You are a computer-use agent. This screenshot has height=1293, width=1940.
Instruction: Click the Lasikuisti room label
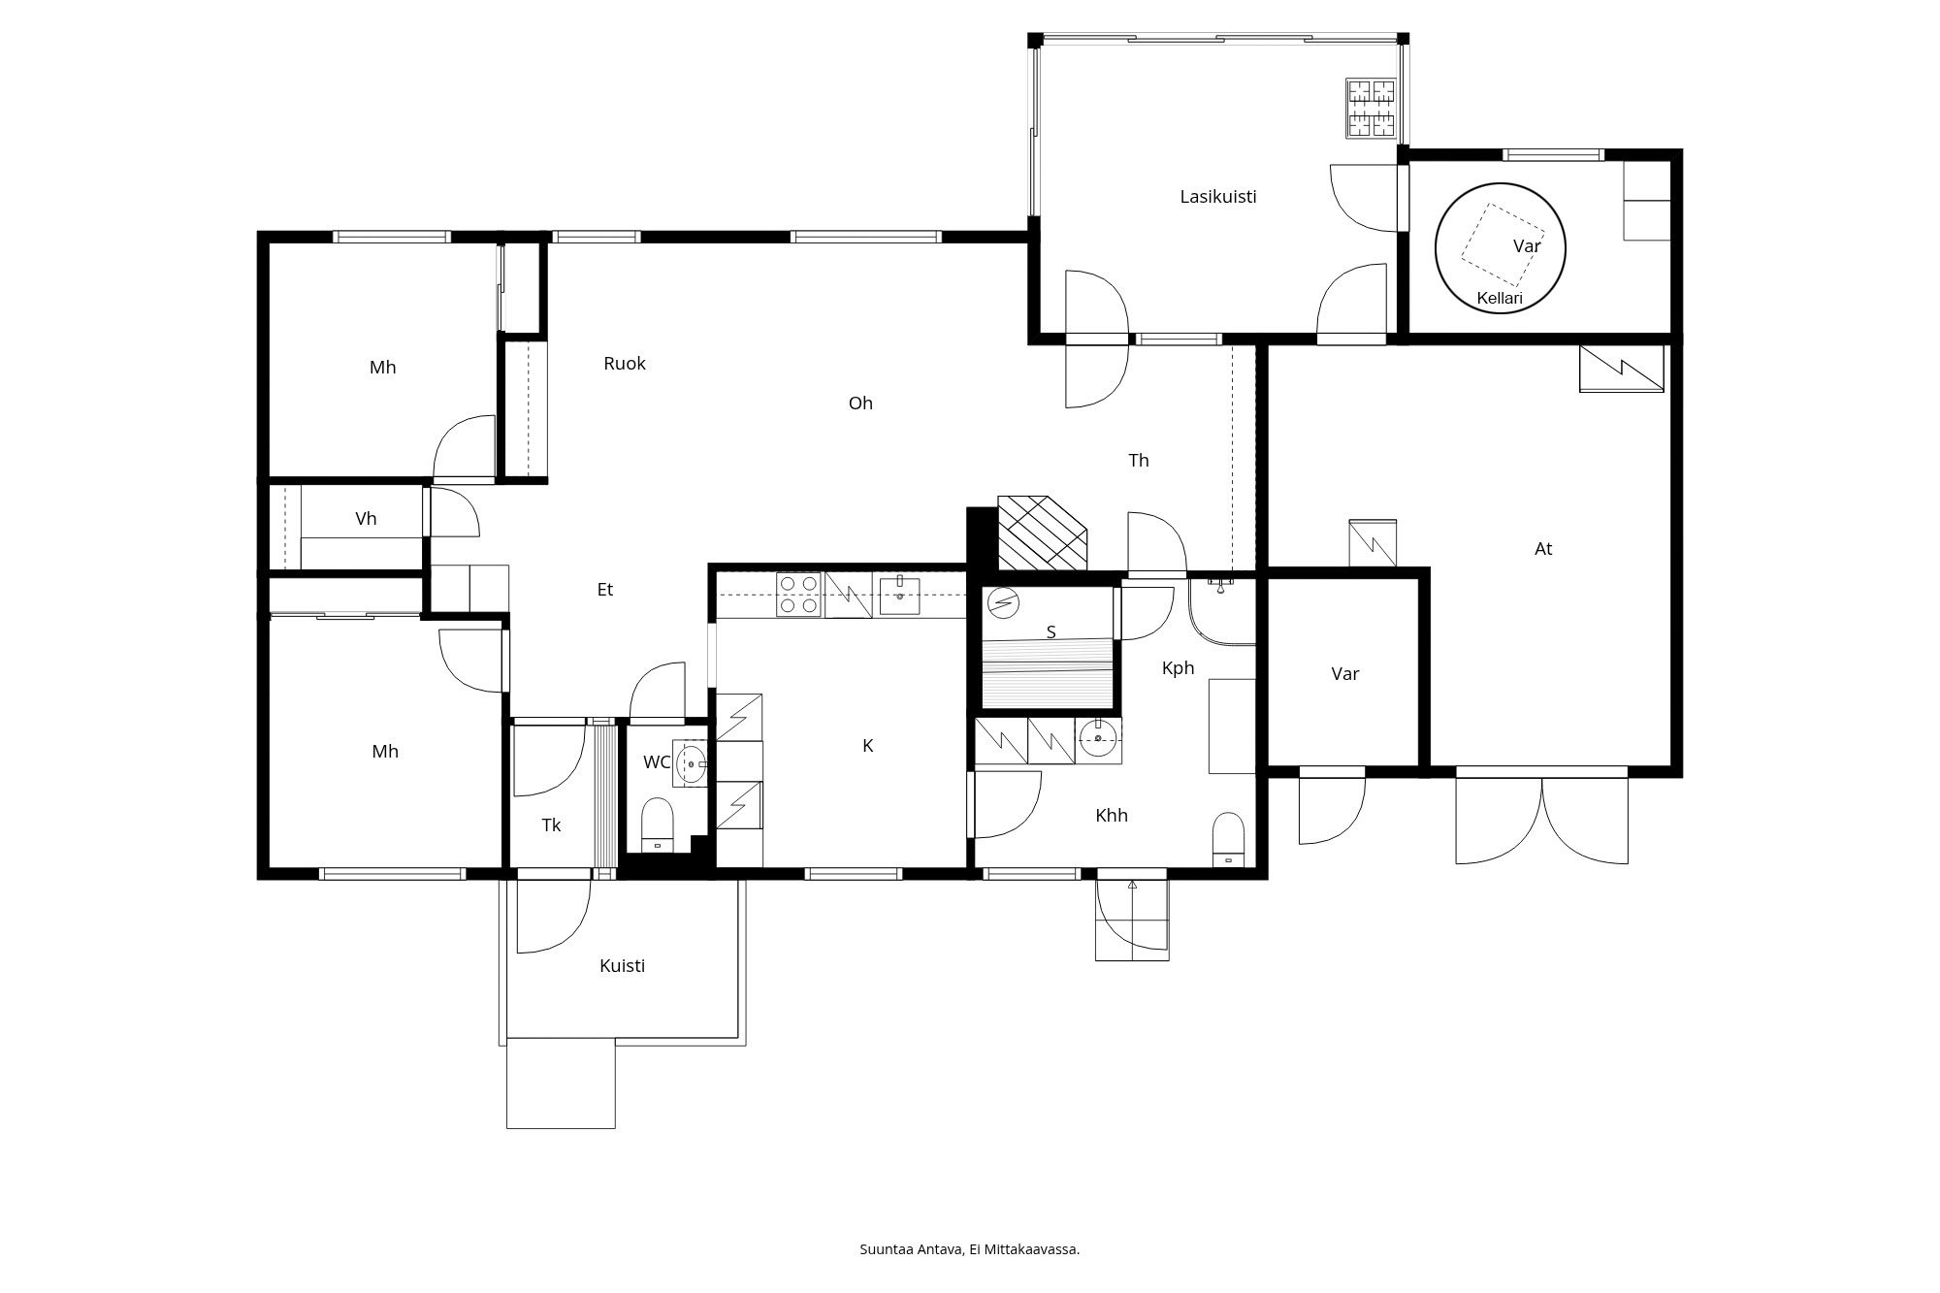[1217, 197]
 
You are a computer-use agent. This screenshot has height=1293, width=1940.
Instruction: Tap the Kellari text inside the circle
[1499, 299]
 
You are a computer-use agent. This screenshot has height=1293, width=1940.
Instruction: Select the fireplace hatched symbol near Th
[1043, 533]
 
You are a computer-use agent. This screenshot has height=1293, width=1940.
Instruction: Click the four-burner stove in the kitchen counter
[798, 595]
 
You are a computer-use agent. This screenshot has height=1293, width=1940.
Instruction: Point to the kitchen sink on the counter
[899, 595]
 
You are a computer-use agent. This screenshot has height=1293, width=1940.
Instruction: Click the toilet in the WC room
[658, 824]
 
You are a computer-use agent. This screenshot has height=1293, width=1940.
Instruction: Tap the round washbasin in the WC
[691, 763]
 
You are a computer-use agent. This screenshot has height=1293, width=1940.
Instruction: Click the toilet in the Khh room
[1228, 836]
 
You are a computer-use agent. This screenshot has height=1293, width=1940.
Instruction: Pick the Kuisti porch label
[622, 966]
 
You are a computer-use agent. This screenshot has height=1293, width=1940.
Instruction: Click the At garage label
[1542, 549]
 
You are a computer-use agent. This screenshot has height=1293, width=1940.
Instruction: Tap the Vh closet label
[366, 519]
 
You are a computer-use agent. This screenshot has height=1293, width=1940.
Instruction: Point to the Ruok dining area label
[624, 364]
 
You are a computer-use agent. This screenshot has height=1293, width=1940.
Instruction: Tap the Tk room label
[551, 825]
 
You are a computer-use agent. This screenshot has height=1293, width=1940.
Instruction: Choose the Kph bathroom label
[1178, 668]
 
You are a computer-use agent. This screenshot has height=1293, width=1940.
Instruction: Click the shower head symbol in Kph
[1219, 584]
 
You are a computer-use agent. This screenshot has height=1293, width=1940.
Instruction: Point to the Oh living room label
[860, 404]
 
